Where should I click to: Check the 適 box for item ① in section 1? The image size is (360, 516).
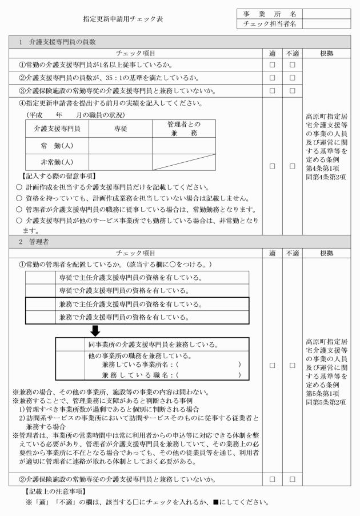point(273,65)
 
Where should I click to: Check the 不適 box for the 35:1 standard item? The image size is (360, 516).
point(292,78)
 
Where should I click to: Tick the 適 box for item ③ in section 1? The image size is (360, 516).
point(273,91)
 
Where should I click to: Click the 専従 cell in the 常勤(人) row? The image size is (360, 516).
point(117,146)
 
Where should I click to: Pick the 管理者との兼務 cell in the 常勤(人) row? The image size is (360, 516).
point(183,146)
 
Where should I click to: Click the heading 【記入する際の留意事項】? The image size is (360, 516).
point(55,175)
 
